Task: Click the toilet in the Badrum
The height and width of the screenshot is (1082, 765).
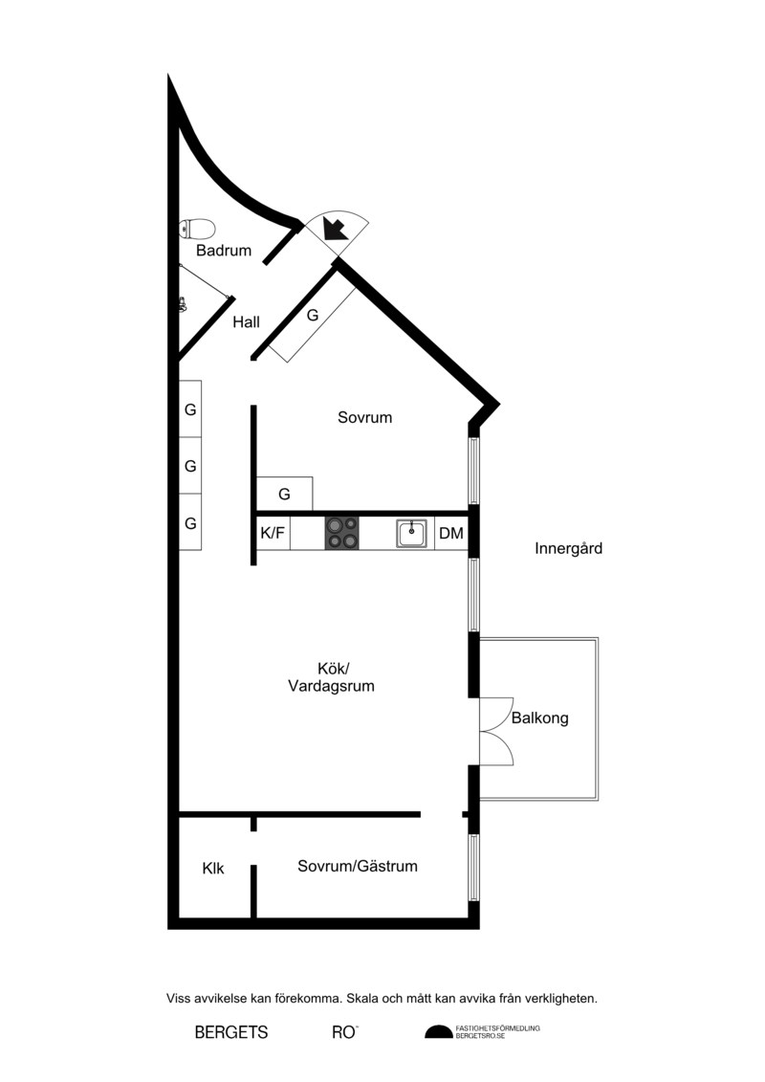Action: click(x=197, y=229)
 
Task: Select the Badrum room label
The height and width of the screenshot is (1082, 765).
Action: click(x=224, y=251)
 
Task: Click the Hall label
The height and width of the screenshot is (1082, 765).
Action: click(x=247, y=321)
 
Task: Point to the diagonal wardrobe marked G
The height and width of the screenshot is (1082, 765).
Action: click(x=313, y=316)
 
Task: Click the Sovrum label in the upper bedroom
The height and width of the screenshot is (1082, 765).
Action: click(x=365, y=417)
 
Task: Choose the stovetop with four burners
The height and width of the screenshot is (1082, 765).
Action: click(x=342, y=534)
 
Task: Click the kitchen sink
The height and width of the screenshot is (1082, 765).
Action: click(x=411, y=534)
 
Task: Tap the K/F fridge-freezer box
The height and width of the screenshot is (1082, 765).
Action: click(x=273, y=534)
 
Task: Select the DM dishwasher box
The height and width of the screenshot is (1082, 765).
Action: click(x=451, y=534)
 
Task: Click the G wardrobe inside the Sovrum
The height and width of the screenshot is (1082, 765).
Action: click(x=284, y=494)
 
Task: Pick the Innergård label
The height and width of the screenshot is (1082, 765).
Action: click(x=568, y=548)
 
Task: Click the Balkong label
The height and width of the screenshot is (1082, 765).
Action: click(x=540, y=718)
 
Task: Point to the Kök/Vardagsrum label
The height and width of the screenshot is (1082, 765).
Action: click(x=331, y=677)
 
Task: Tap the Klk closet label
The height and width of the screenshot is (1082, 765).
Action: click(x=213, y=868)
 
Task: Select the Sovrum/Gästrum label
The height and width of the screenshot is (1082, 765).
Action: click(x=358, y=866)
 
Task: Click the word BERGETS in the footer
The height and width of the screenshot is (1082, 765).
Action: click(x=231, y=1032)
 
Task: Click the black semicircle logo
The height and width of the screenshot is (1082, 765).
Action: click(x=438, y=1031)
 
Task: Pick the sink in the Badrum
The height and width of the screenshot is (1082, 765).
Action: click(x=183, y=303)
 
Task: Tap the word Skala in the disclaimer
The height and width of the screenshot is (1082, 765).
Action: click(x=361, y=999)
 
